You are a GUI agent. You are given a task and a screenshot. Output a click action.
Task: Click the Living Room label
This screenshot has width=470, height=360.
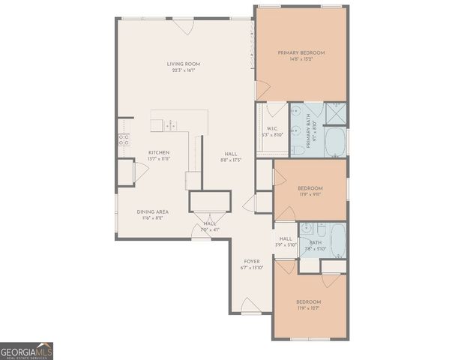pos(183,64)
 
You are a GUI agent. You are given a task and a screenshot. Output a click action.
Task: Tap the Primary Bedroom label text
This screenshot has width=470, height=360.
pos(301,52)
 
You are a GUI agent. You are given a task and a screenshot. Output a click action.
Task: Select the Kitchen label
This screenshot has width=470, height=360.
pos(158,152)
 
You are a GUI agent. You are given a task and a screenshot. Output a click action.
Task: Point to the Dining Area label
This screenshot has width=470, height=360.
pos(152,211)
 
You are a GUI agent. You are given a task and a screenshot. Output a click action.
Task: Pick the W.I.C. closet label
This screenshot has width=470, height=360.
pos(272,128)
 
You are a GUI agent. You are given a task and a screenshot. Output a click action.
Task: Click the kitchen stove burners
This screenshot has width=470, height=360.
pos(124,139)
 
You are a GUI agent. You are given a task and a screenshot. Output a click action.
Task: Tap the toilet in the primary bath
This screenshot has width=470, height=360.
pos(298,150)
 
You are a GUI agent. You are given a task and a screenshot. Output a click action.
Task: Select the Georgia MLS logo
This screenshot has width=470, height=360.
pos(26,351)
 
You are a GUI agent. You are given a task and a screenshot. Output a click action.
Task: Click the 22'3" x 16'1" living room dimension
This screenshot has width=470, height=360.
pos(183,71)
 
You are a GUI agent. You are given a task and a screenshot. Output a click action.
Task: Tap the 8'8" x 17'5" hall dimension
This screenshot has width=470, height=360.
pos(231,160)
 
